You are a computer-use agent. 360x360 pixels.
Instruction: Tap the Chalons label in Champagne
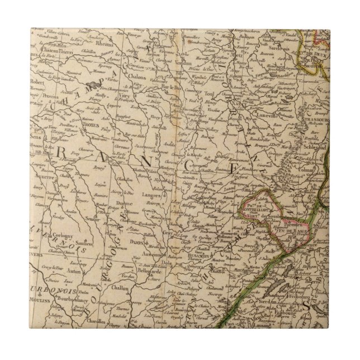pos(145,77)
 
